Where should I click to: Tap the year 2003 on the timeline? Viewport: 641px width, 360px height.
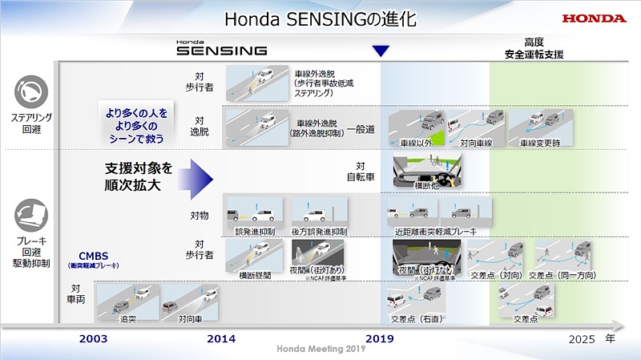(93, 339)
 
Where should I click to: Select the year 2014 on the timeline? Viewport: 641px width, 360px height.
(221, 339)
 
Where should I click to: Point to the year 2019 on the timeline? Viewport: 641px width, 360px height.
(381, 339)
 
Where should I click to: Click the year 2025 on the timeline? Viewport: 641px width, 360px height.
(582, 339)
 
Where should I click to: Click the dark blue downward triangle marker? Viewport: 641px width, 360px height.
(381, 51)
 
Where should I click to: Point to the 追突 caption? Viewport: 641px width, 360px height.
(127, 319)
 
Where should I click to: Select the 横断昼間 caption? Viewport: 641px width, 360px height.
(254, 275)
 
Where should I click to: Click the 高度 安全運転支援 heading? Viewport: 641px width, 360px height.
(534, 49)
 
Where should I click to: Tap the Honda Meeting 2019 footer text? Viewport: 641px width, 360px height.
(320, 349)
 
